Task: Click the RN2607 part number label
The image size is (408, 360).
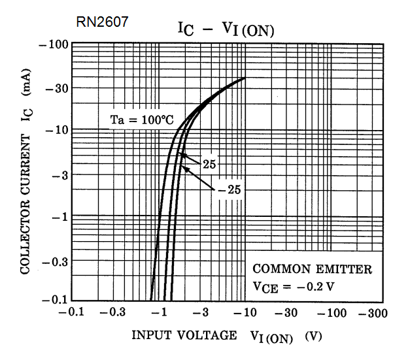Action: click(101, 22)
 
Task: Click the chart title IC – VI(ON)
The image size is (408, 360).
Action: click(226, 30)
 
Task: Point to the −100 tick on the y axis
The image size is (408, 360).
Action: click(54, 44)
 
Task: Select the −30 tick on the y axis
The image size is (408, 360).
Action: click(56, 89)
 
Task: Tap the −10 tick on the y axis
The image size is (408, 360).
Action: click(56, 130)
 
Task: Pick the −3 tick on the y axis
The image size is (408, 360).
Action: click(59, 174)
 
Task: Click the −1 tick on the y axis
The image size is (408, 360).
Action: click(59, 216)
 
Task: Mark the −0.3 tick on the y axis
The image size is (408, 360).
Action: click(55, 261)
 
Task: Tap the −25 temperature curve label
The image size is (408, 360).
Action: click(228, 190)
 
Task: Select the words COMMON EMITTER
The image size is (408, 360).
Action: click(313, 269)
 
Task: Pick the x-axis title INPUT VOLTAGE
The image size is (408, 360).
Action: click(184, 336)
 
